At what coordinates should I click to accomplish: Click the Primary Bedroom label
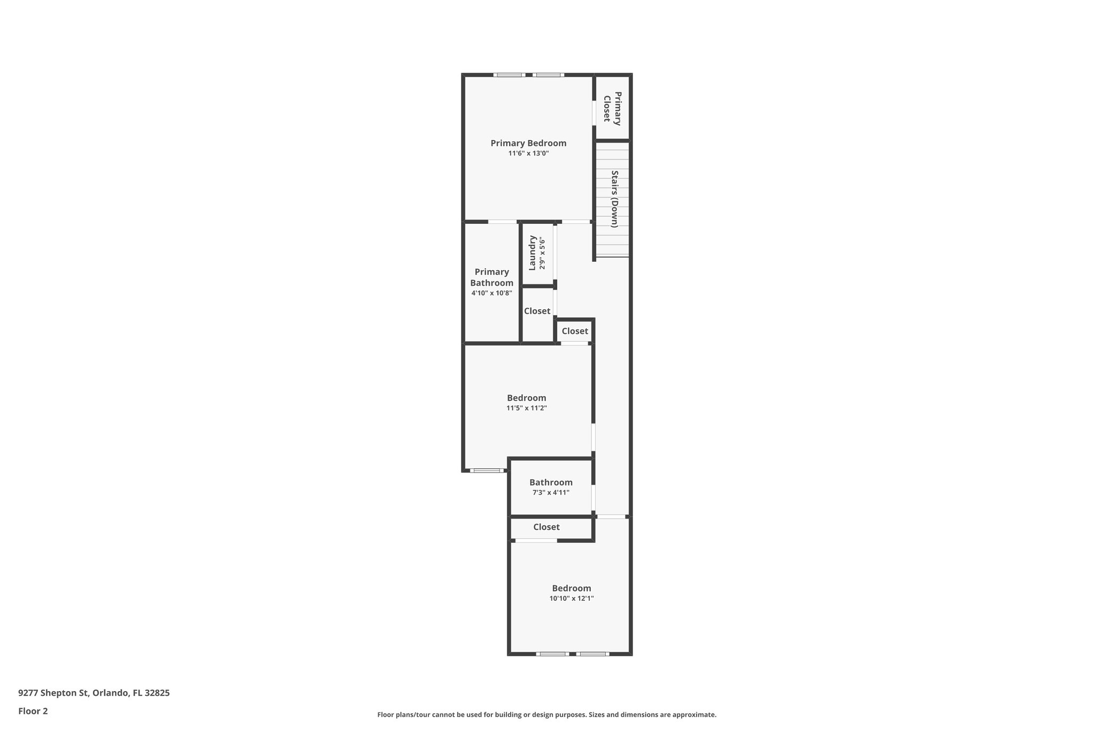528,143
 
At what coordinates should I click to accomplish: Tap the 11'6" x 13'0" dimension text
528,153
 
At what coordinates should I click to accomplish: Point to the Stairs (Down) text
614,199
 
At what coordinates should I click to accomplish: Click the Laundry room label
533,253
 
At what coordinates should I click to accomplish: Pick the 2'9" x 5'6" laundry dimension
542,253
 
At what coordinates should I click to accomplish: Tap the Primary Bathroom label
491,277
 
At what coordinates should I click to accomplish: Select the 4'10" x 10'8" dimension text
491,293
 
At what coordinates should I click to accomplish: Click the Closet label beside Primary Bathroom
537,311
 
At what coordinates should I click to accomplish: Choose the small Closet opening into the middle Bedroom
575,331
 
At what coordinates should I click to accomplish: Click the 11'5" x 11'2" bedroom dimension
526,408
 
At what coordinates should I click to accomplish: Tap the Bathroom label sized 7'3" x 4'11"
551,482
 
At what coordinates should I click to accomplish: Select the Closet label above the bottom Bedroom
546,527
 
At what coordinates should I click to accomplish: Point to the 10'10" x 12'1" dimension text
572,598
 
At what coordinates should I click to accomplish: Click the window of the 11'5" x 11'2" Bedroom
487,471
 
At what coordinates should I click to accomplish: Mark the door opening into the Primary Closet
594,113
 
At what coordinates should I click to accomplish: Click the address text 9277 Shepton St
94,693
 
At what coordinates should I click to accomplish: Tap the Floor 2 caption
33,711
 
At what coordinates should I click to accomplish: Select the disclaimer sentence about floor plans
546,715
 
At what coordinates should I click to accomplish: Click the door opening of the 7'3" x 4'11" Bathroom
593,497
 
